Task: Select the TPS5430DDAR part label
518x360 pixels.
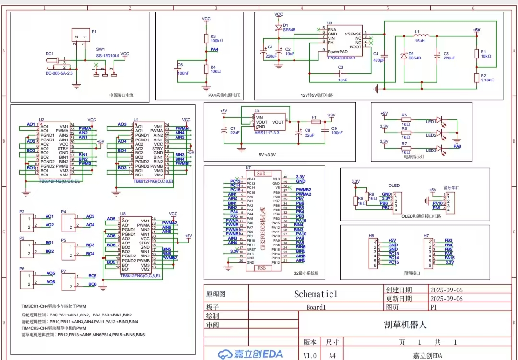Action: pos(341,57)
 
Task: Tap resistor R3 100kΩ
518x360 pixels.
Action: pos(206,38)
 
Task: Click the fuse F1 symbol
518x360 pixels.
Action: pos(316,122)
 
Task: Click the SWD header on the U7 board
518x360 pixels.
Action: pos(261,173)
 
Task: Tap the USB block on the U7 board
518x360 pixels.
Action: pos(261,268)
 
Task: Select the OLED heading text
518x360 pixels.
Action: pos(394,186)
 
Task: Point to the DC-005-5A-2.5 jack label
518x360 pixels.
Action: pos(59,74)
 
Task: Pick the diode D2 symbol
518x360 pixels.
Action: pos(404,56)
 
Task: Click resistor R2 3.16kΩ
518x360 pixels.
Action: pos(477,78)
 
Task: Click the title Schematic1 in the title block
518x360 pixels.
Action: pos(316,294)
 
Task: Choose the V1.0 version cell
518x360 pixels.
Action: pos(310,356)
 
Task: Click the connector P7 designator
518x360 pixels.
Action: pos(64,271)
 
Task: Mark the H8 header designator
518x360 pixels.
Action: pos(371,236)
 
